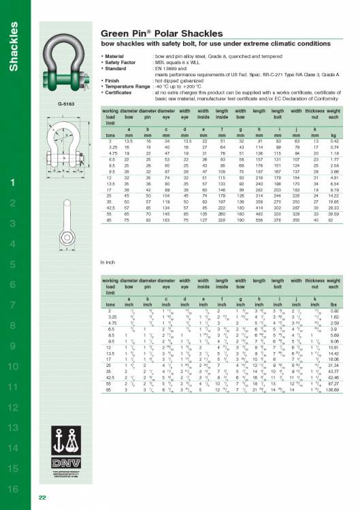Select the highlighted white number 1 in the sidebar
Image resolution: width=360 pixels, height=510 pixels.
coord(14,182)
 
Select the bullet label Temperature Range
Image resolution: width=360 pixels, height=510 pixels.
coord(127,87)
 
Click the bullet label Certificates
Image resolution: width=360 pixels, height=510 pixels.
coord(120,93)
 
